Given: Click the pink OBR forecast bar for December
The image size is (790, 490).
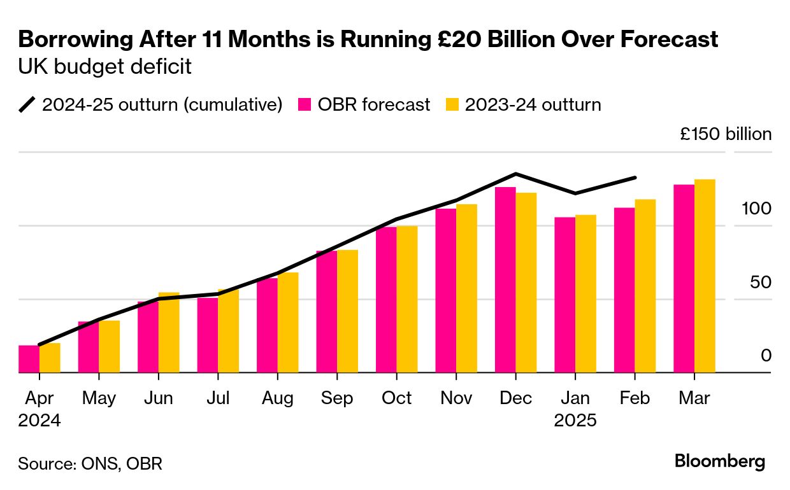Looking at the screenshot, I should [x=505, y=280].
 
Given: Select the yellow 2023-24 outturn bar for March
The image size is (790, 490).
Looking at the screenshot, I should [x=705, y=276].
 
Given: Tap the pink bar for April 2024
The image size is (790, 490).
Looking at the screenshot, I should [x=29, y=359].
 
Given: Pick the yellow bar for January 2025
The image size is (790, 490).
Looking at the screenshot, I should [x=585, y=294].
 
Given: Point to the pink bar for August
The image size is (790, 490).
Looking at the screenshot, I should [x=267, y=325].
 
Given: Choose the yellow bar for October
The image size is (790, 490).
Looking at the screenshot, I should [x=407, y=299].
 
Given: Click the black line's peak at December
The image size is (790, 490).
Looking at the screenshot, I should [x=515, y=174].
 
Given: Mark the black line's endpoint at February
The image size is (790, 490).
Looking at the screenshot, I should [x=635, y=178].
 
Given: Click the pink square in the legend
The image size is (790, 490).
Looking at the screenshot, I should [x=306, y=104].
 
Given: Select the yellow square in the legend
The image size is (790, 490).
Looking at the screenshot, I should [x=451, y=104].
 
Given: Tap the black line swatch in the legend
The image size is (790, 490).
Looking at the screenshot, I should [x=27, y=104].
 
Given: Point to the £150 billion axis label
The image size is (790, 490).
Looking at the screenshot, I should [x=726, y=135].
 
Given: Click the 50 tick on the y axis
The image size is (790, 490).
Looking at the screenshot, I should [x=761, y=283].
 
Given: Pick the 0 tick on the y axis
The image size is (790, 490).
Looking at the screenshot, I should [x=766, y=356].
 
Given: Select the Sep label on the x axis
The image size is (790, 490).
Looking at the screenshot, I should [x=336, y=398].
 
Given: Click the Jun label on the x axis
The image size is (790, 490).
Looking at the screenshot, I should [x=158, y=398].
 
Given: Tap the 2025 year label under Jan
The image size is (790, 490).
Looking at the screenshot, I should [x=575, y=421].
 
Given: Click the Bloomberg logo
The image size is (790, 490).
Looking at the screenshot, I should [x=720, y=461].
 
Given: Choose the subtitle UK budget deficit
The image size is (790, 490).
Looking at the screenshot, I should [x=105, y=67].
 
